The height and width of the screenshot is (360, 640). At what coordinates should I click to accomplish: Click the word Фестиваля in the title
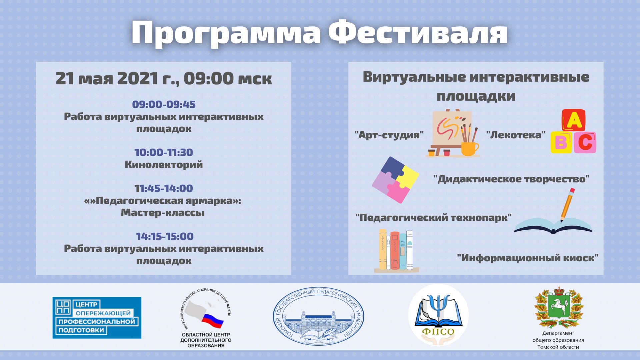click(418, 32)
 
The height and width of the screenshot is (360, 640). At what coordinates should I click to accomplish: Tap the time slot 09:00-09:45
click(164, 104)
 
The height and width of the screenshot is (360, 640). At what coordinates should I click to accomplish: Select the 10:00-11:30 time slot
click(164, 152)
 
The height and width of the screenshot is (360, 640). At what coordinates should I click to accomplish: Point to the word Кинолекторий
click(164, 165)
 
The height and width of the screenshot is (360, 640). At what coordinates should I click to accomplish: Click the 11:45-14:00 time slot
click(164, 188)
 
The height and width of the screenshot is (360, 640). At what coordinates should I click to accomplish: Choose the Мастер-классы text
click(163, 213)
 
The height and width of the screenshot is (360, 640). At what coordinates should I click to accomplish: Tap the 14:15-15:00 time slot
click(165, 236)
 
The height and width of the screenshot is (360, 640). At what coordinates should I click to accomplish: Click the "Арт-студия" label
click(389, 135)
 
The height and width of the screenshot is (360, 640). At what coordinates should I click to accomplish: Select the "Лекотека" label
click(516, 135)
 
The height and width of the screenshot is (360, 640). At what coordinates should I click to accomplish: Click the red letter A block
click(574, 120)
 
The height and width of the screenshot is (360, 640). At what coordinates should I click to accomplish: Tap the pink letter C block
click(585, 142)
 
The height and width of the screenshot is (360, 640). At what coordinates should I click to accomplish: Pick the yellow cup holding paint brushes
click(469, 149)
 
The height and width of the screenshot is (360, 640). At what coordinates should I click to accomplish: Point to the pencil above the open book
click(567, 205)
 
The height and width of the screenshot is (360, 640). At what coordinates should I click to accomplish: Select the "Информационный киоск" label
click(528, 258)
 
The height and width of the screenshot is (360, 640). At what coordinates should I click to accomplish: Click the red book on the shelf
click(395, 251)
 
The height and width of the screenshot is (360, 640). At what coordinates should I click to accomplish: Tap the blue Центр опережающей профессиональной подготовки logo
click(97, 318)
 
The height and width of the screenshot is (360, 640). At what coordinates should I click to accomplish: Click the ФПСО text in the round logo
click(438, 332)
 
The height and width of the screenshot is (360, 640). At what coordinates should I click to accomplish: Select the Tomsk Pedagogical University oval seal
click(318, 316)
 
